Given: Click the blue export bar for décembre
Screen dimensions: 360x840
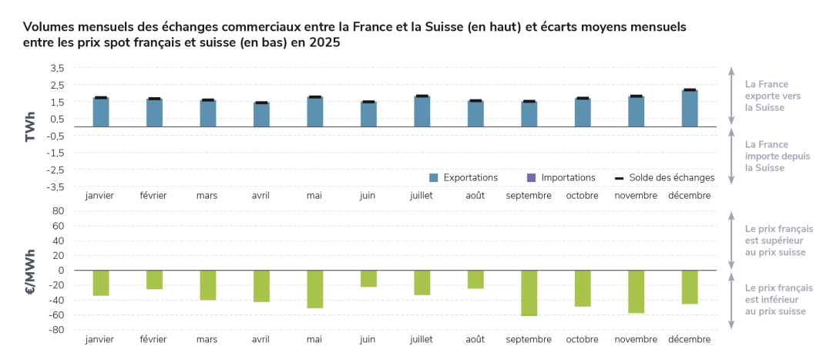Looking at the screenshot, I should (690, 109).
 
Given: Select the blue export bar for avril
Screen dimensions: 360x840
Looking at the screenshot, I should (261, 114).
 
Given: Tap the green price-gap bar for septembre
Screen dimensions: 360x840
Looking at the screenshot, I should (529, 293).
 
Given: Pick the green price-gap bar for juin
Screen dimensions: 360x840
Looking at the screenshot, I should (368, 278).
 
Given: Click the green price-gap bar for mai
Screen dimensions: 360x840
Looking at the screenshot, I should (315, 289).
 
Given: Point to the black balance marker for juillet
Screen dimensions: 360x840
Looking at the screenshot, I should (422, 96).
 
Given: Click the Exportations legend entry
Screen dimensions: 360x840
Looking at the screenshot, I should (463, 177).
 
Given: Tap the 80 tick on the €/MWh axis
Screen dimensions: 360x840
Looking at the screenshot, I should (58, 210).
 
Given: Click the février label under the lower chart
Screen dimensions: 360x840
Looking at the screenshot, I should (153, 339).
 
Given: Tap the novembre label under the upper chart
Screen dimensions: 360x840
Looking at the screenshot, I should (636, 196).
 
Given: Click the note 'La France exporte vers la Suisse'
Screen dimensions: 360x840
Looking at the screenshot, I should (766, 96).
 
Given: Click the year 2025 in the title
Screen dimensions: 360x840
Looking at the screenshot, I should (324, 43).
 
